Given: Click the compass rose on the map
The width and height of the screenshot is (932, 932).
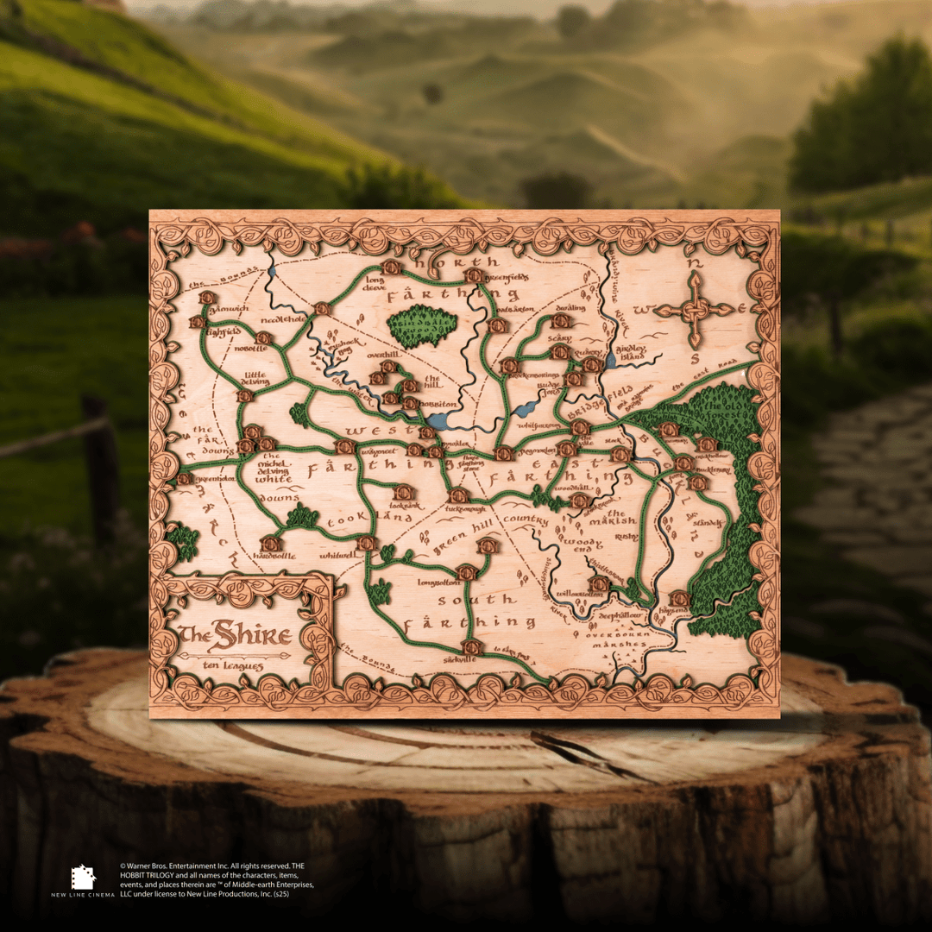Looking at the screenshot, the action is pyautogui.click(x=696, y=310).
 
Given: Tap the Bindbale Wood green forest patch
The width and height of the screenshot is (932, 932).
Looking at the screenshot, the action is pyautogui.click(x=422, y=326).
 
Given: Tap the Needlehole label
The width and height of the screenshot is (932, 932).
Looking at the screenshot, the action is pyautogui.click(x=282, y=318).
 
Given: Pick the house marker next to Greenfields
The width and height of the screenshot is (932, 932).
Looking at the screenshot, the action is pyautogui.click(x=473, y=275).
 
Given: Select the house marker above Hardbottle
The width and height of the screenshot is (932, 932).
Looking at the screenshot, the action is pyautogui.click(x=271, y=544).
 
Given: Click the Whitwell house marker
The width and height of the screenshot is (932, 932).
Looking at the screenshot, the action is pyautogui.click(x=367, y=543).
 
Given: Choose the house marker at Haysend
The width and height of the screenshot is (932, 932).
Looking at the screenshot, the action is pyautogui.click(x=679, y=598).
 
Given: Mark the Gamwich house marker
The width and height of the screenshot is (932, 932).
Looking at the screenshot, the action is pyautogui.click(x=207, y=298).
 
